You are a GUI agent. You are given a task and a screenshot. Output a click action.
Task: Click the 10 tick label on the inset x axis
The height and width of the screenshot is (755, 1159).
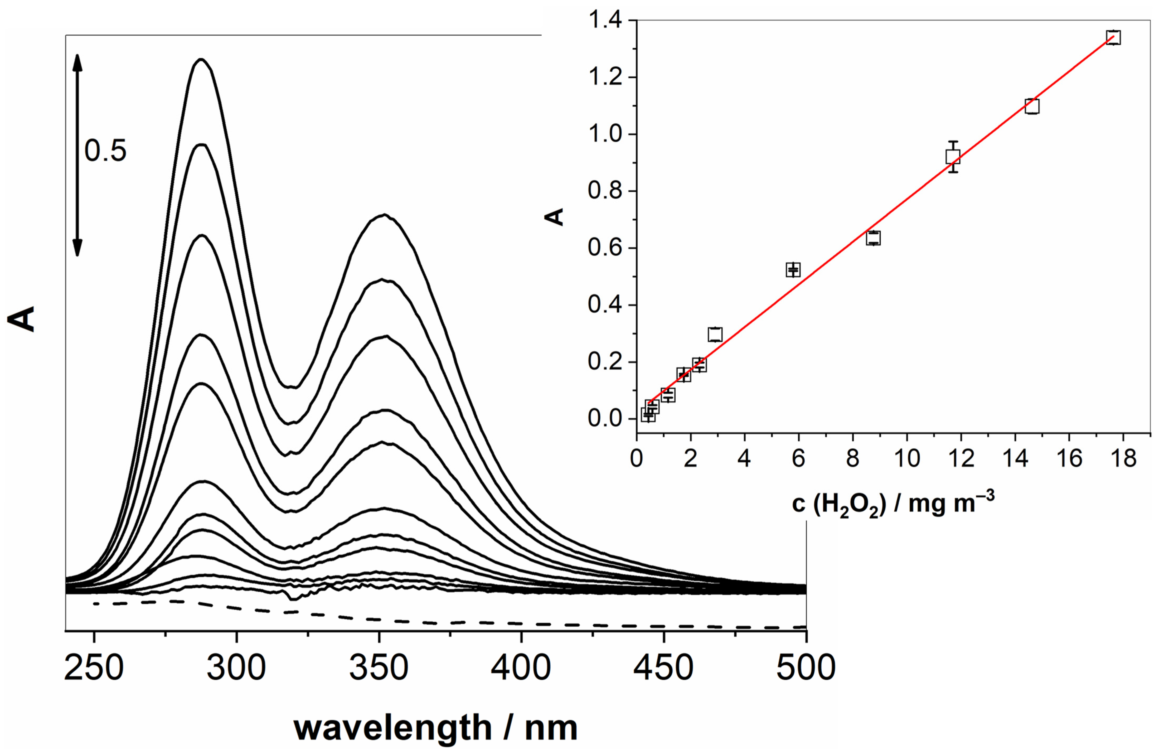point(907,458)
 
